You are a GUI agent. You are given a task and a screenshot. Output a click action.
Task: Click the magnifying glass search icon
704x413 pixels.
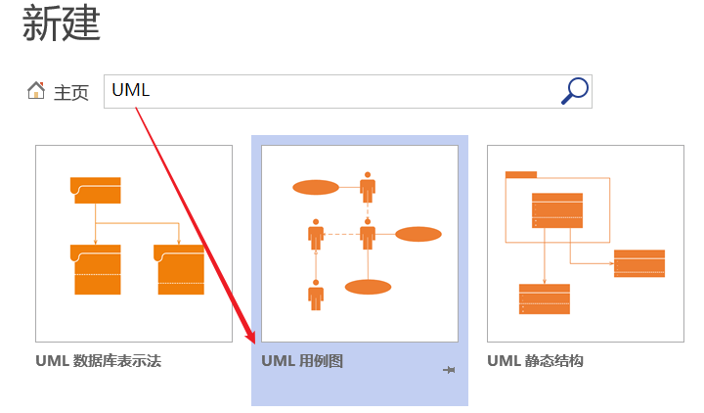coord(575,91)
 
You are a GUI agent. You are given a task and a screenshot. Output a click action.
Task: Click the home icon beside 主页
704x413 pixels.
coord(36,91)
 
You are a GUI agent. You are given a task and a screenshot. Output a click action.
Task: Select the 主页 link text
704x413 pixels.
coord(71,92)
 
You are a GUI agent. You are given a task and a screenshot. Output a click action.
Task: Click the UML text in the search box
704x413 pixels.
coord(131,90)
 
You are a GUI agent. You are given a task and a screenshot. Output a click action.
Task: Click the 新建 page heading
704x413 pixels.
coord(61,24)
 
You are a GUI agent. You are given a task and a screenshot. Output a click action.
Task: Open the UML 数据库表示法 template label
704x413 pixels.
coord(98,361)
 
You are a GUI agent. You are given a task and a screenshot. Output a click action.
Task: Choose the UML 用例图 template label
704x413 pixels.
coord(302,361)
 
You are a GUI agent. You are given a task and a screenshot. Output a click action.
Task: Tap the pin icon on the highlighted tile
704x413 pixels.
coord(450,370)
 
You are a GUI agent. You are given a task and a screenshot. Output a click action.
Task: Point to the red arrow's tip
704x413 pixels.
coord(254,344)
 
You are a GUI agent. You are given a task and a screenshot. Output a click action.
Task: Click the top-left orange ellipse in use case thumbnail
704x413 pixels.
coord(315,187)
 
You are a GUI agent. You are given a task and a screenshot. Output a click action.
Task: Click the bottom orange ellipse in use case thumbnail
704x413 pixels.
coord(368,287)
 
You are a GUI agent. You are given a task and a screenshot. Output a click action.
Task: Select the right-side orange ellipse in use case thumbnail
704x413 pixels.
coord(418,234)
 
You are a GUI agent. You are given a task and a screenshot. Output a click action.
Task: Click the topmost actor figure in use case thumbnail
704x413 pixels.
coord(368,186)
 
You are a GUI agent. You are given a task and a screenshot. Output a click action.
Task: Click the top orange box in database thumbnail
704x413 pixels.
coord(96,190)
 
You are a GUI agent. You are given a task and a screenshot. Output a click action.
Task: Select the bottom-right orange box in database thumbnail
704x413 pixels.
coord(179,269)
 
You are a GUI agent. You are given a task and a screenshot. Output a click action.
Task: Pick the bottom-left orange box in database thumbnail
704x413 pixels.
coord(96,269)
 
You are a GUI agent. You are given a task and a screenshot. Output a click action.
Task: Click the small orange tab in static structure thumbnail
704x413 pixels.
coord(520,175)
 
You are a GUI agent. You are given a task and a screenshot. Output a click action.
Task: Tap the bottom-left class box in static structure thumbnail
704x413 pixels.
coord(544,298)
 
